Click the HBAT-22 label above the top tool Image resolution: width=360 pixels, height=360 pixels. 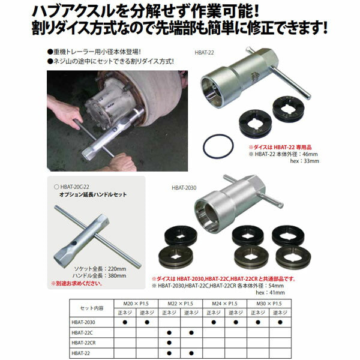point(205,52)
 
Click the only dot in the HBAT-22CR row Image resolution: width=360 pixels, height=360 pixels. point(170,343)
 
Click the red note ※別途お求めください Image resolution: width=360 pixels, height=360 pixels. point(75,283)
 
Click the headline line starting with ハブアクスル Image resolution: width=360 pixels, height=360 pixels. point(155,11)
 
